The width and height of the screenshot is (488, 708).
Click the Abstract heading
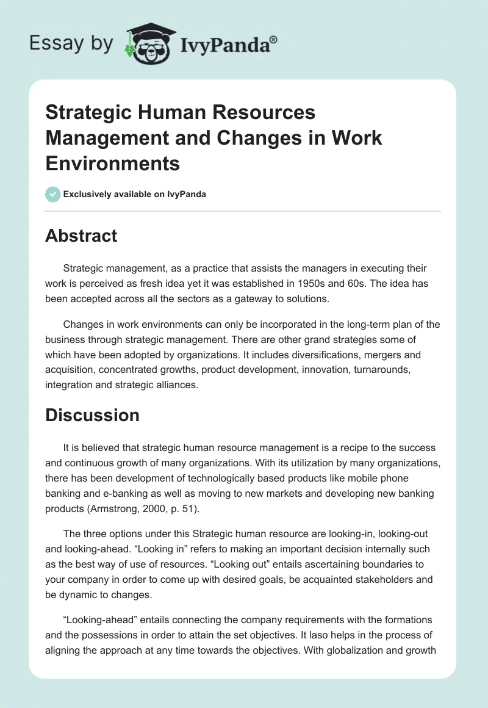[81, 236]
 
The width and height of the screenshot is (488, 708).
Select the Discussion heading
[92, 415]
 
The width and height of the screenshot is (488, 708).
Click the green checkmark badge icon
[52, 194]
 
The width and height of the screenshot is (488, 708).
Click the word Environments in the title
[113, 163]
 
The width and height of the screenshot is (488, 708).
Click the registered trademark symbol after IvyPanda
[273, 39]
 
